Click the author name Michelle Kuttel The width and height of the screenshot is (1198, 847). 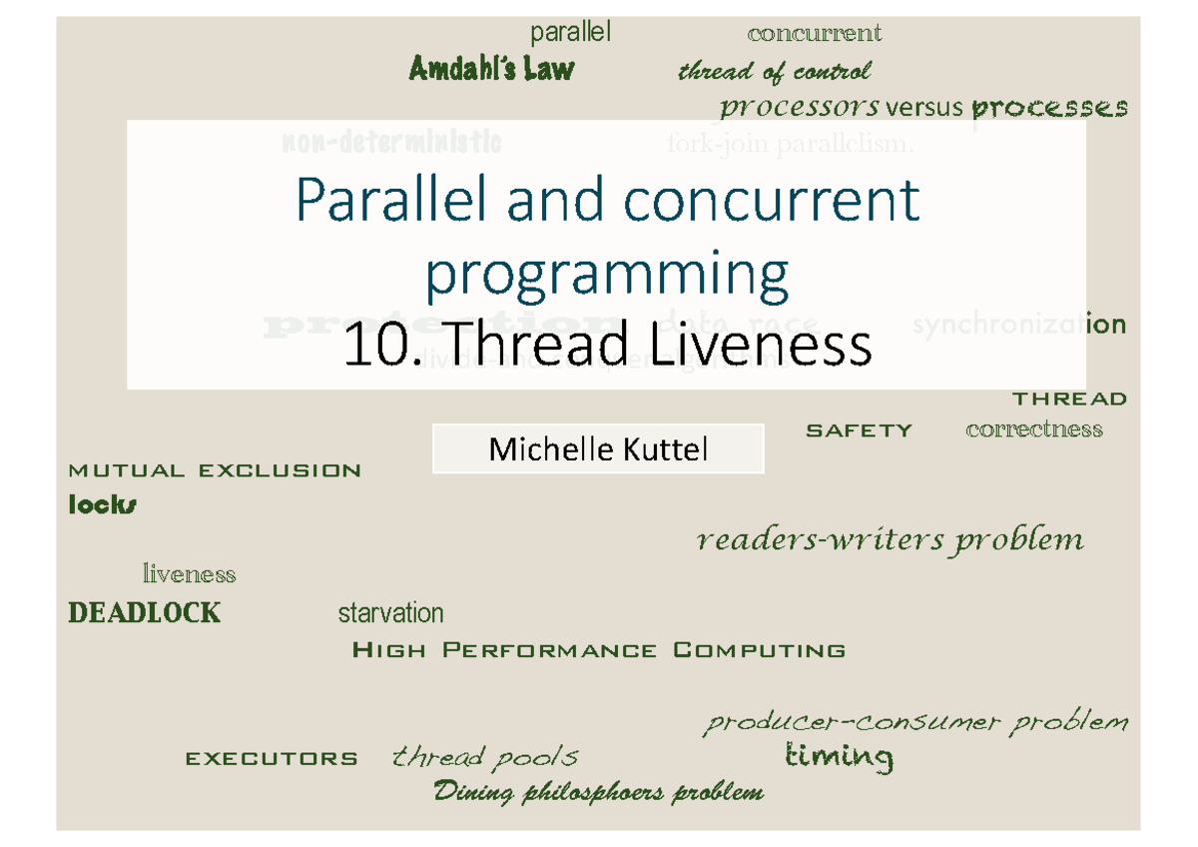(x=598, y=449)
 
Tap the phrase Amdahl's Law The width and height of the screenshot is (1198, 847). (x=491, y=69)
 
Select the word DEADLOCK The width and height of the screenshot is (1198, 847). (x=144, y=612)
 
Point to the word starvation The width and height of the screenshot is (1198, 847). (x=390, y=612)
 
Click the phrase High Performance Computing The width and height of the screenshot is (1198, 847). (x=599, y=651)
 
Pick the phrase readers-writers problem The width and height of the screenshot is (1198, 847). (x=889, y=540)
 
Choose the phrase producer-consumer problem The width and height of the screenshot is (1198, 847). (x=915, y=721)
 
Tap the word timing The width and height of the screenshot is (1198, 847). (x=839, y=757)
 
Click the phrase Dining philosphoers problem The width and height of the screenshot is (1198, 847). (x=599, y=793)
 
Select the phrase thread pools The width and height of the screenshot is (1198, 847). (x=485, y=757)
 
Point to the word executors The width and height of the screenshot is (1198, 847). (x=272, y=759)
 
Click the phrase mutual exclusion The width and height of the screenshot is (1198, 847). (x=214, y=470)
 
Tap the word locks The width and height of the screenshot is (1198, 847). (x=102, y=505)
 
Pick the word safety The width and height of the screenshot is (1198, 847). (x=859, y=430)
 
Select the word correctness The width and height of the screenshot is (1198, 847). (x=1034, y=430)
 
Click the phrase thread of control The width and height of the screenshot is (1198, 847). (x=774, y=72)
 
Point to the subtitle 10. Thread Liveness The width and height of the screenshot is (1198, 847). (x=607, y=347)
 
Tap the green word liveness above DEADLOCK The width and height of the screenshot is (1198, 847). (x=189, y=574)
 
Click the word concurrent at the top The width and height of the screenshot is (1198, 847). (x=815, y=34)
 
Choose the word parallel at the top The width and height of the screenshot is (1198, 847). (x=570, y=34)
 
